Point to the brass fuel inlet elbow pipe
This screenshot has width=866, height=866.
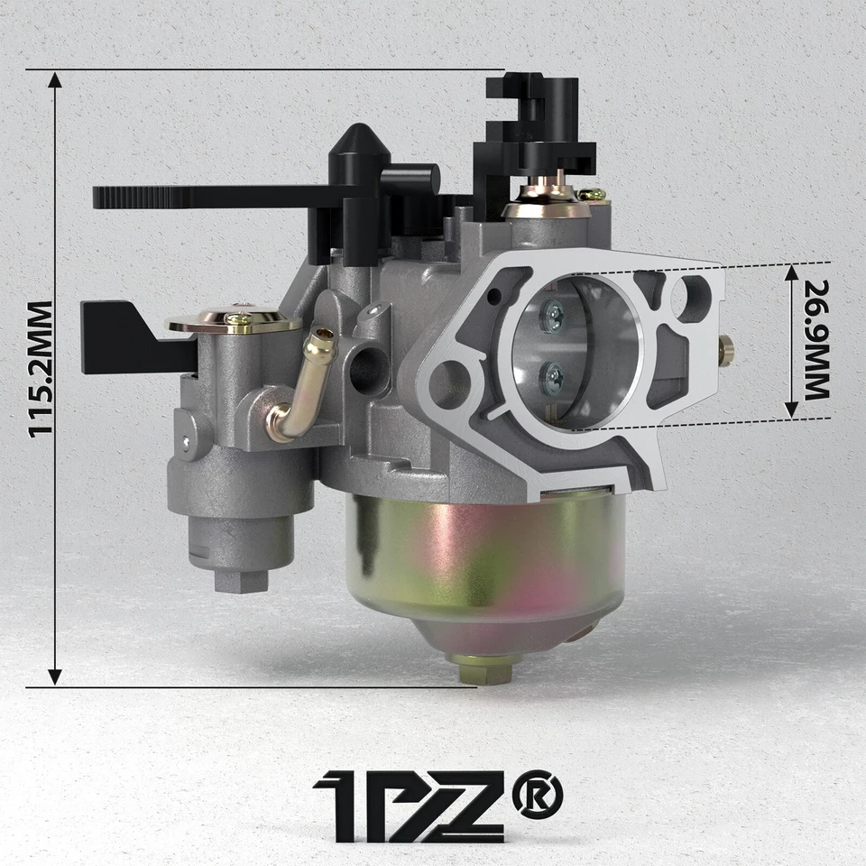[302, 388]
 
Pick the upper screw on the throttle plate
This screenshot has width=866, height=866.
[552, 315]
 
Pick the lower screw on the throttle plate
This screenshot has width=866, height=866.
[552, 378]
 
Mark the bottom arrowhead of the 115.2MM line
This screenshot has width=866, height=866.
[55, 675]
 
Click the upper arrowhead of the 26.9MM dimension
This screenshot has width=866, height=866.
[791, 272]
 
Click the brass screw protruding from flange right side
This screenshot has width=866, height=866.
[725, 350]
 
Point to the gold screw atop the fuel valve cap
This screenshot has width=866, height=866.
[238, 318]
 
